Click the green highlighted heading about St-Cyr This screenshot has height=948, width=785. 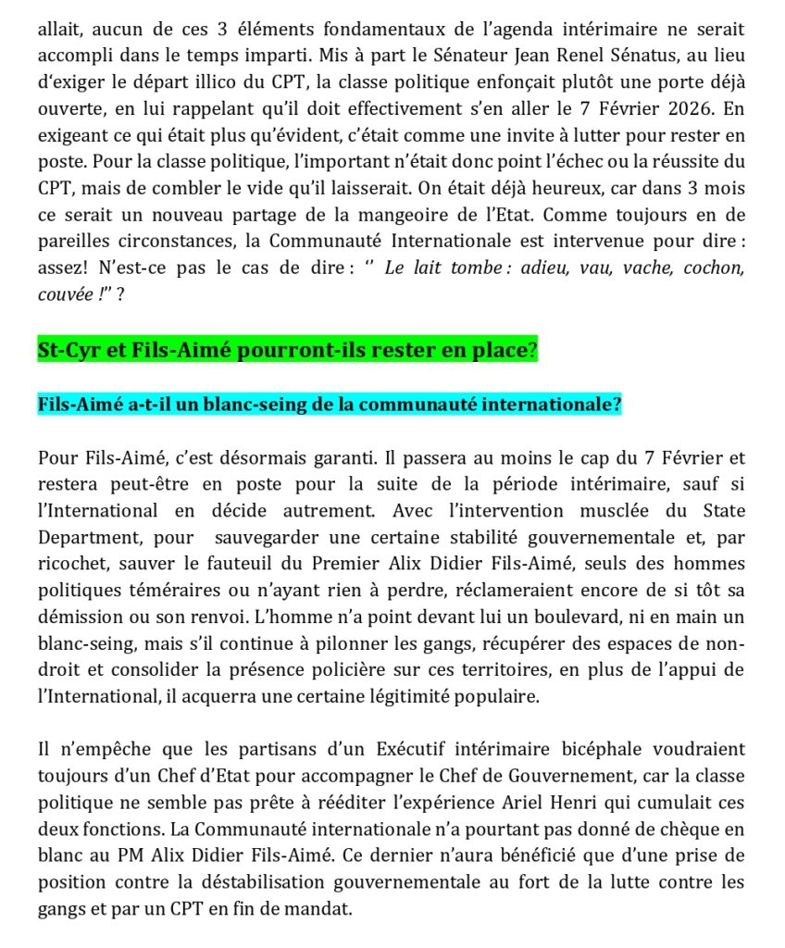point(287,352)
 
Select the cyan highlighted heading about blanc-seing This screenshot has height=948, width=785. point(329,405)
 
